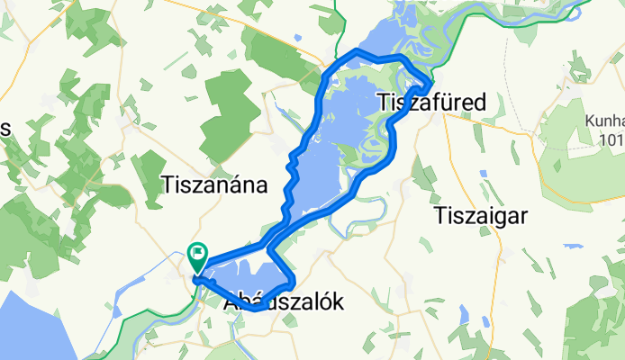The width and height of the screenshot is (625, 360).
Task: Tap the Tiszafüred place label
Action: click(x=429, y=102)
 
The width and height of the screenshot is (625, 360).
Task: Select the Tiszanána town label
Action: click(x=214, y=185)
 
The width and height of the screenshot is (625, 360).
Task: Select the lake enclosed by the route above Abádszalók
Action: click(x=248, y=279)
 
